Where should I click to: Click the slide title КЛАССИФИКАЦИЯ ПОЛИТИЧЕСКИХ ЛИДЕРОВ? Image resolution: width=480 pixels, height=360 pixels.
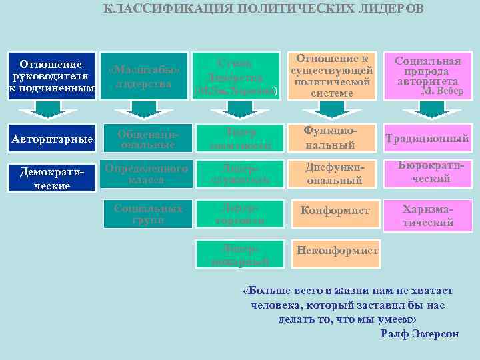click(263, 9)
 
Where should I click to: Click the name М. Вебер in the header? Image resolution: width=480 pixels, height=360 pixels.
click(442, 91)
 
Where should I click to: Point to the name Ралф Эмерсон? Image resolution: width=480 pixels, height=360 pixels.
click(419, 334)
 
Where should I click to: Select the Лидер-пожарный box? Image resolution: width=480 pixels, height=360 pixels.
click(237, 253)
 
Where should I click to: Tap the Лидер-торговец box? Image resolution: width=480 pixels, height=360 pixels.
click(237, 214)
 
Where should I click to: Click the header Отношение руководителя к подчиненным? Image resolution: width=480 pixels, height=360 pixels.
click(51, 76)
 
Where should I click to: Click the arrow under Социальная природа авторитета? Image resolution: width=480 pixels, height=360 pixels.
click(429, 111)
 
